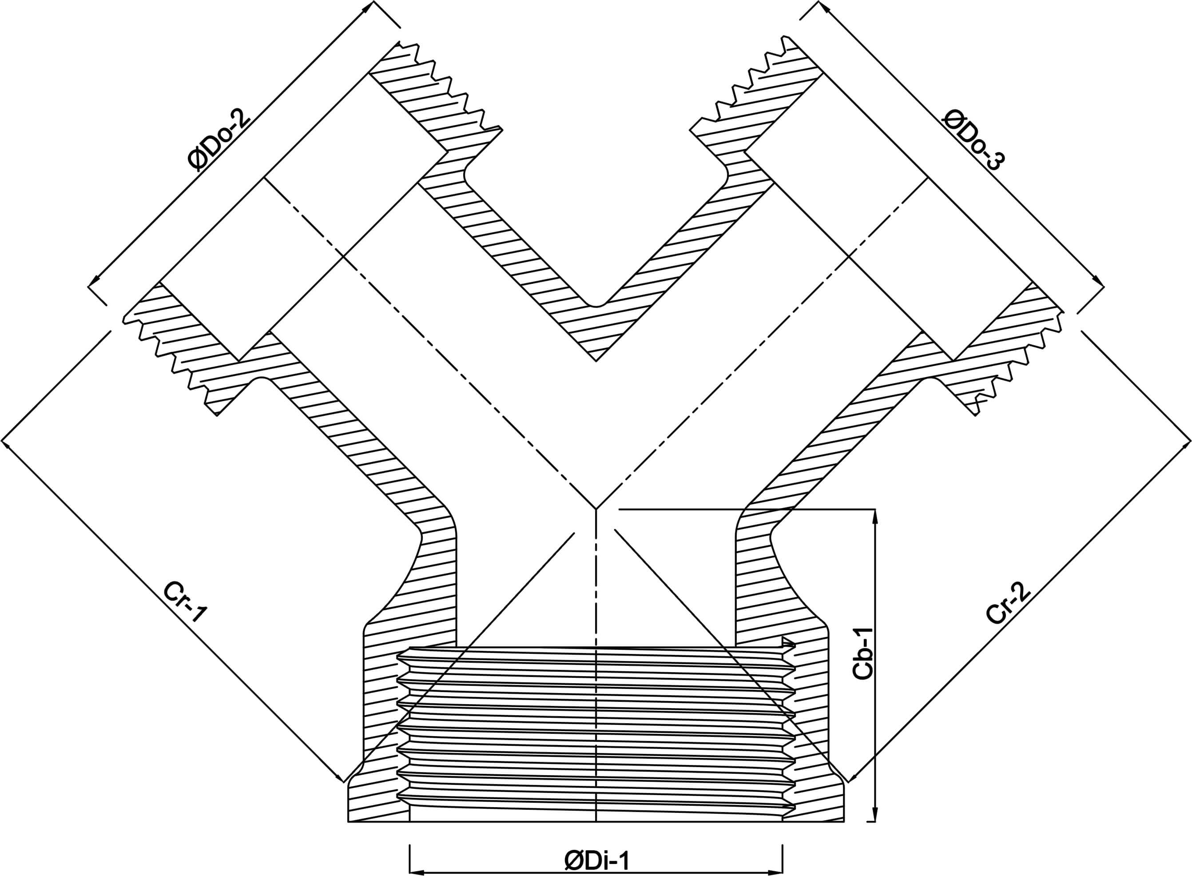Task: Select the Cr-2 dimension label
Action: click(1009, 602)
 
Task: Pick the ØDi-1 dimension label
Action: click(597, 861)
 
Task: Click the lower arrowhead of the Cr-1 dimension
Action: click(339, 777)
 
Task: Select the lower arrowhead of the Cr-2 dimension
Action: click(853, 777)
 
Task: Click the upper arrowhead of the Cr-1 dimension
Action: click(6, 444)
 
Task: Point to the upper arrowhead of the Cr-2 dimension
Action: click(1186, 444)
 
